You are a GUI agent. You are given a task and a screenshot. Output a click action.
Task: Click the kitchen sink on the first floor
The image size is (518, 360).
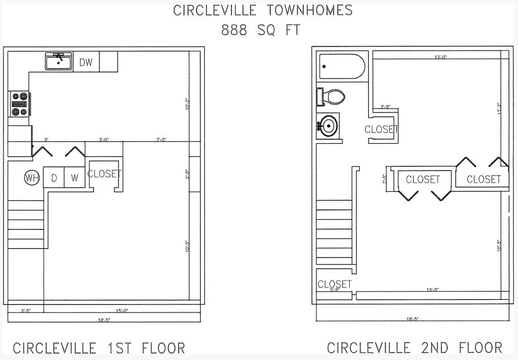click(x=59, y=61)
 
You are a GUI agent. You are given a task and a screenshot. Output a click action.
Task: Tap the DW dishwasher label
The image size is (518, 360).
click(x=86, y=61)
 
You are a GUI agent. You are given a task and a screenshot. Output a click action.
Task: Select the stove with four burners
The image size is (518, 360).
click(x=19, y=104)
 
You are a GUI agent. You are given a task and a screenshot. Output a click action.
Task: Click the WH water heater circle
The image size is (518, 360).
click(x=31, y=178)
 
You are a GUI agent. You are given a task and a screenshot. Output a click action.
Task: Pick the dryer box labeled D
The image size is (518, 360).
click(x=54, y=178)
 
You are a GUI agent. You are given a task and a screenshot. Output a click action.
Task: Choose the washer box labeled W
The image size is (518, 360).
click(x=74, y=178)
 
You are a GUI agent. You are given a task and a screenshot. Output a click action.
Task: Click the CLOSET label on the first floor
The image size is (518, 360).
click(x=104, y=173)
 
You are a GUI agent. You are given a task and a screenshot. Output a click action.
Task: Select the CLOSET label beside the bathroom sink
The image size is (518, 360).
click(x=381, y=129)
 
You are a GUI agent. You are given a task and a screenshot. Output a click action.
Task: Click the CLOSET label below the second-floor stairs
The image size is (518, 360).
click(x=335, y=284)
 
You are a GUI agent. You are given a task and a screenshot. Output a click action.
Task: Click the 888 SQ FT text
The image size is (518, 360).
click(x=260, y=31)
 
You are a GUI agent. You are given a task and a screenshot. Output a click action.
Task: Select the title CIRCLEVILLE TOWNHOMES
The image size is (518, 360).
click(x=263, y=10)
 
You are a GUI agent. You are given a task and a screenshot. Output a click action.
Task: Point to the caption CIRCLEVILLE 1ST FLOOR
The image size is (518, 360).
click(x=99, y=348)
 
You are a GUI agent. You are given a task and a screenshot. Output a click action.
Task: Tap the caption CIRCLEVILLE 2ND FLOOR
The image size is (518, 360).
click(x=414, y=348)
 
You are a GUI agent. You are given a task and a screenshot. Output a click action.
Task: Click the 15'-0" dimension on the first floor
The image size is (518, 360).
click(x=122, y=311)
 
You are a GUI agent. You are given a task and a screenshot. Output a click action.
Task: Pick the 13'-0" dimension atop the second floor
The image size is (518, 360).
click(x=440, y=57)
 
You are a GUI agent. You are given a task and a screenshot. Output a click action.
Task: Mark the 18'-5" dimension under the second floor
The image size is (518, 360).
click(x=412, y=319)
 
